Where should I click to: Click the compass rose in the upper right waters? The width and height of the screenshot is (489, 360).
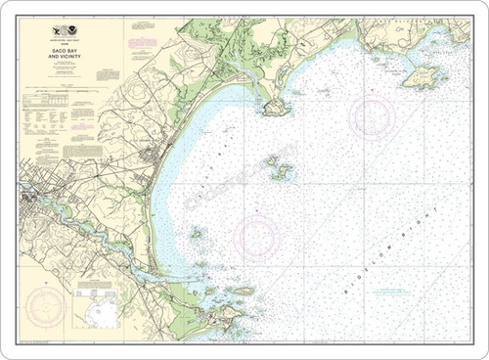click(373, 116)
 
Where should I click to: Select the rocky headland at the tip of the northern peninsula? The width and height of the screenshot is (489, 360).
click(276, 106)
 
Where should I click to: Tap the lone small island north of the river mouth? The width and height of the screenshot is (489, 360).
click(197, 234)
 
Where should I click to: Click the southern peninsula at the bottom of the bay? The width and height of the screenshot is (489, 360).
click(220, 318)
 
